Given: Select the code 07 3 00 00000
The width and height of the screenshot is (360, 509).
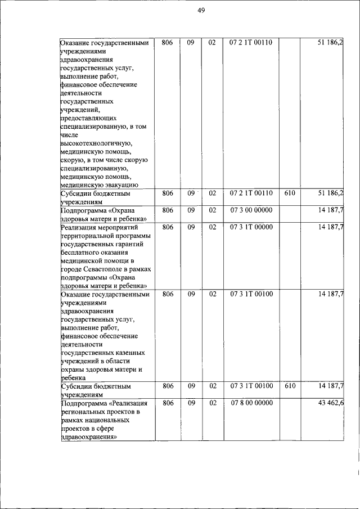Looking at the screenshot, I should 251,210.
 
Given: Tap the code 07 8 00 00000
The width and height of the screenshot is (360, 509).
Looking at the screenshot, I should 251,403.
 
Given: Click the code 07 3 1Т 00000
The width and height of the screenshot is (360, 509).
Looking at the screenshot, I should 251,227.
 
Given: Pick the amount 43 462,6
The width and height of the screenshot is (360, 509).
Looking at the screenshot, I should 331,403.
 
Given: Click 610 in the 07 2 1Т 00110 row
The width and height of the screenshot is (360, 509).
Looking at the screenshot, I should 290,193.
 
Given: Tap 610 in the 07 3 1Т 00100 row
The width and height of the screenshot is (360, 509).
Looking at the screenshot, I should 290,386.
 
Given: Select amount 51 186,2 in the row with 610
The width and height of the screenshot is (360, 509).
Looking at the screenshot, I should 331,193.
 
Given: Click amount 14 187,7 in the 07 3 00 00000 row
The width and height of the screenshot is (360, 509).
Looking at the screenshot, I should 331,210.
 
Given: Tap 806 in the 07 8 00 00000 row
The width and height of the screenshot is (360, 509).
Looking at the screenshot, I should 167,403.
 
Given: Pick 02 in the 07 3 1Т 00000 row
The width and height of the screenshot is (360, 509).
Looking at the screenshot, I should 212,227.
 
